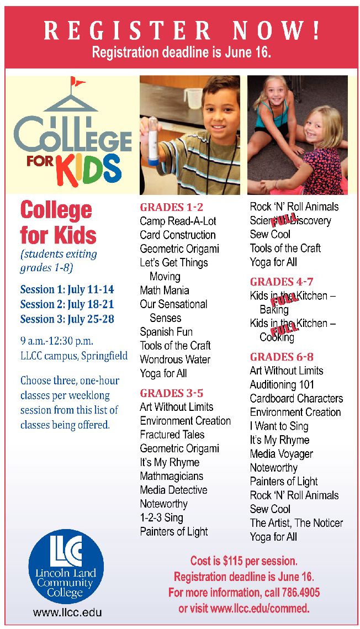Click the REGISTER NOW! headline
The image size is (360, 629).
[181, 30]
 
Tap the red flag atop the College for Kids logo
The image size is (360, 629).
[78, 83]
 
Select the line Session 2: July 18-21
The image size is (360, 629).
[67, 304]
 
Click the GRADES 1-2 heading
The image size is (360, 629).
[171, 207]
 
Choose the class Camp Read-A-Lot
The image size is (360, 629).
[178, 221]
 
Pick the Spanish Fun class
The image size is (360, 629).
[166, 332]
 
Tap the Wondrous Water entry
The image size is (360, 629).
[175, 360]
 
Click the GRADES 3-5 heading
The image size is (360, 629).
[171, 393]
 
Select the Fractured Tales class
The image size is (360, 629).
[172, 435]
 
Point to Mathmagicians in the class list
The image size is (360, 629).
[171, 476]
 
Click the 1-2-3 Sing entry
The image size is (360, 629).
[161, 517]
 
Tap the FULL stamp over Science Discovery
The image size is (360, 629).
[284, 219]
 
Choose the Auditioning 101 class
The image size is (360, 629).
[282, 384]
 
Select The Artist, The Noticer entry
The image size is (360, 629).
[296, 522]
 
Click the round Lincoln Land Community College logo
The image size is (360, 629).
[66, 565]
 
